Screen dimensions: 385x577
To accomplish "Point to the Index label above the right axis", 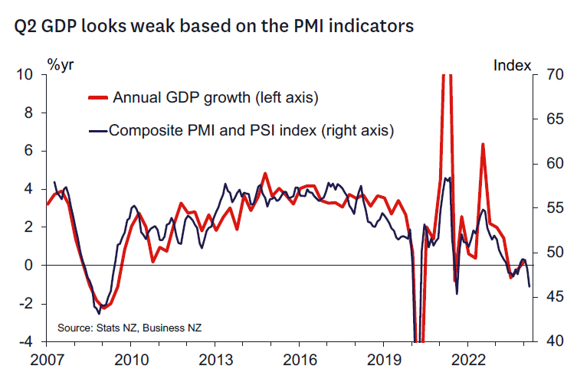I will click(512, 65).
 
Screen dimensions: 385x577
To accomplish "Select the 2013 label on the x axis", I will click(215, 359).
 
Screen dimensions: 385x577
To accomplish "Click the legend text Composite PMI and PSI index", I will click(251, 130).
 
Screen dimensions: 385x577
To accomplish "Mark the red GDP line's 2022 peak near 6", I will click(483, 144).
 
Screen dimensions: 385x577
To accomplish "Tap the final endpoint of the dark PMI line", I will click(529, 286).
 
